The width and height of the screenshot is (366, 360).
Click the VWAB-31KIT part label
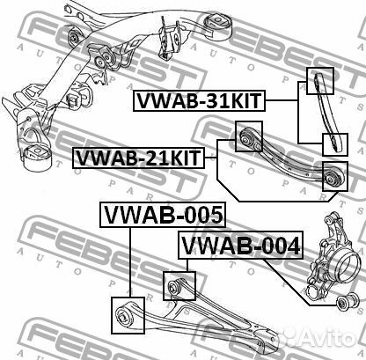[199, 101]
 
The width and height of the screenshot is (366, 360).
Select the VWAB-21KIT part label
[138, 158]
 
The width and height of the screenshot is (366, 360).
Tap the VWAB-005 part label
[163, 214]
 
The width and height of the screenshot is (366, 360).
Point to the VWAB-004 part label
[240, 246]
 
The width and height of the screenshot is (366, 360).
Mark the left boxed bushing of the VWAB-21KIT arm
[249, 137]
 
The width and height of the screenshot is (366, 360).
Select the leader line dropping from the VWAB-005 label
[130, 260]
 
